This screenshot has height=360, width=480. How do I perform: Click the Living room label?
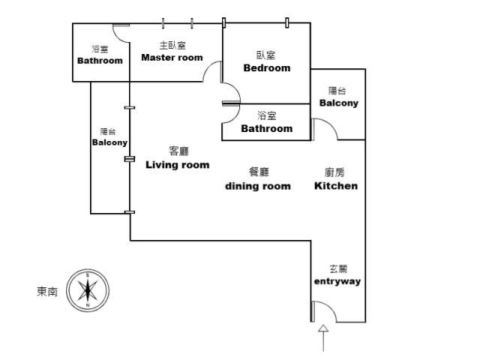pos(178,165)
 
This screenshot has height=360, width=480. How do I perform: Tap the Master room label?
pos(172,58)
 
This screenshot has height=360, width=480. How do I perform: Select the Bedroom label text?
pos(267,68)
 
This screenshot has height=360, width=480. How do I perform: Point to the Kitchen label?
pos(336,186)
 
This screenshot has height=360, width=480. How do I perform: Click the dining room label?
pos(258,186)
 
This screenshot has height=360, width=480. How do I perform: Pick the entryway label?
pos(337,281)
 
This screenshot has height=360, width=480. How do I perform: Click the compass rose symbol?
pos(88,290)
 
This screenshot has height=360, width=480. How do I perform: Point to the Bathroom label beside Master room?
pos(100,61)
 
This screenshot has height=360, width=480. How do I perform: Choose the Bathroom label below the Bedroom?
pos(267,128)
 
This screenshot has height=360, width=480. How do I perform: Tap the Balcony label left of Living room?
pos(109,142)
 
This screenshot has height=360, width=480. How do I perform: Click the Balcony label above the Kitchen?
pos(338,103)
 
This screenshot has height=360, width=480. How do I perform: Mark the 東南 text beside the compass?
pos(47,292)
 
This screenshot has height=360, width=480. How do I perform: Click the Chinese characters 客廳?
pos(178,151)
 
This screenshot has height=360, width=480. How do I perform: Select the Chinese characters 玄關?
pos(338,269)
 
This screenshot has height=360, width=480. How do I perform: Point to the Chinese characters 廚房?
pos(334,172)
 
